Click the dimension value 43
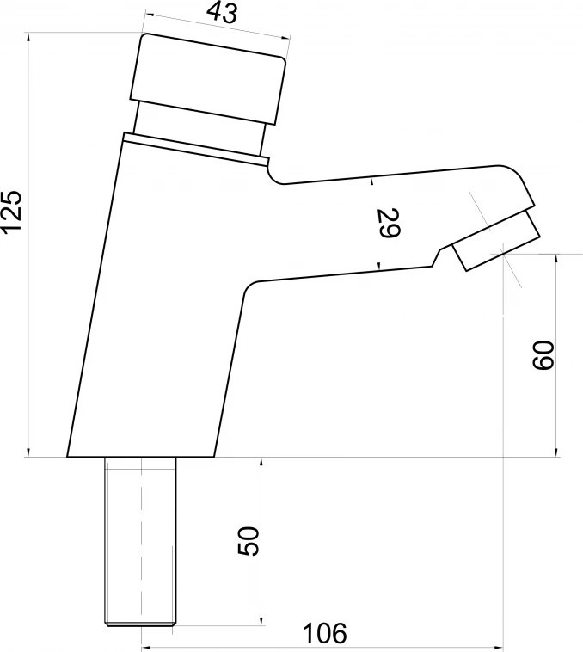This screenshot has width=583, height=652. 223,13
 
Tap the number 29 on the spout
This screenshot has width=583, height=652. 390,223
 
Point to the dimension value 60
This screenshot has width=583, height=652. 543,354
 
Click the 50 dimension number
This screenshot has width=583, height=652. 249,541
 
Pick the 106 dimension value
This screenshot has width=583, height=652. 323,633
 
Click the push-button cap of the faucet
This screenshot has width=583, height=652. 208,79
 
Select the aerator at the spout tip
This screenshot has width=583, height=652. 496,240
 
